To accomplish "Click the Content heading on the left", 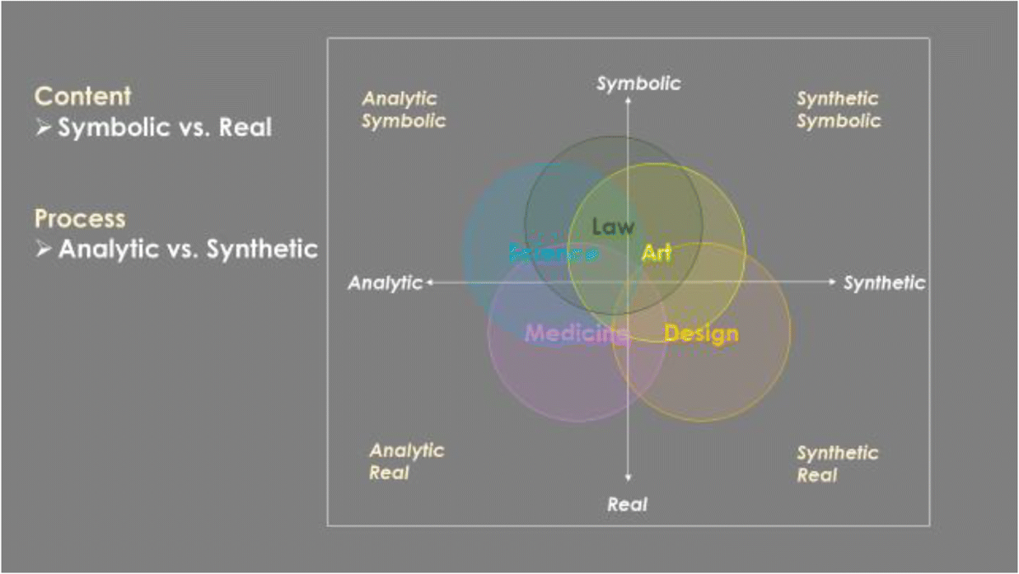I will click(83, 96).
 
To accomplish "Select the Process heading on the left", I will click(80, 219).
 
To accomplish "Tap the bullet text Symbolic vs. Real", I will click(165, 128).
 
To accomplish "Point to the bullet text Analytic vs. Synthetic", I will click(188, 250).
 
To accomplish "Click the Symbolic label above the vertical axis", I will click(639, 83).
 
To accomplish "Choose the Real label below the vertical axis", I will click(628, 504).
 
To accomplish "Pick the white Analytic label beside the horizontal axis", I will click(385, 283).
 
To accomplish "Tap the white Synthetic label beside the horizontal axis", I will click(884, 283).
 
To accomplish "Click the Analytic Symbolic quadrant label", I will click(403, 110).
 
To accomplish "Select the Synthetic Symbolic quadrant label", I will click(838, 110).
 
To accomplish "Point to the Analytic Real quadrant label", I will click(406, 461).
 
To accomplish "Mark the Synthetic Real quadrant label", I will click(836, 464).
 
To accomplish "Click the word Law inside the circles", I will click(613, 227).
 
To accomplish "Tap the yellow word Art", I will click(656, 252).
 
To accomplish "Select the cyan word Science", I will click(553, 252).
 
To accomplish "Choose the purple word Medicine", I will click(577, 333).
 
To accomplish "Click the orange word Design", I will click(701, 334).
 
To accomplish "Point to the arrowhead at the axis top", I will click(628, 100).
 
